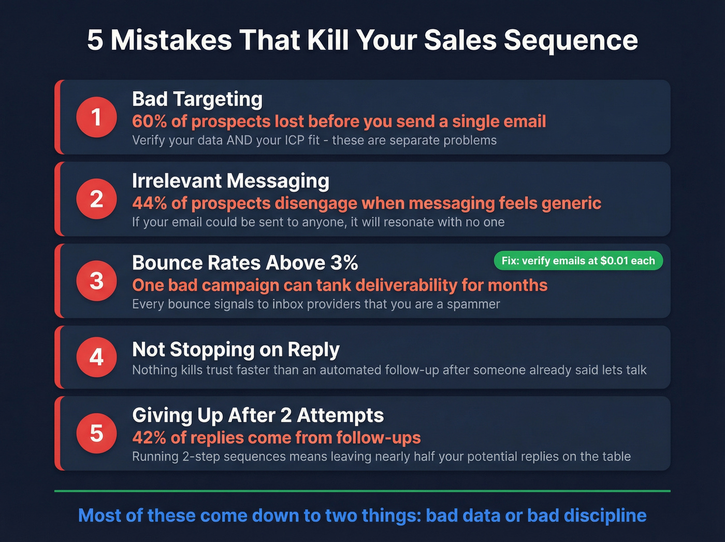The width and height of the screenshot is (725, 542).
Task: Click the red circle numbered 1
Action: [x=96, y=117]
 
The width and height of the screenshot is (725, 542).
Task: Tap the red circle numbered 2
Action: [x=96, y=199]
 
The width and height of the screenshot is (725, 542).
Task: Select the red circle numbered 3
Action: [x=96, y=281]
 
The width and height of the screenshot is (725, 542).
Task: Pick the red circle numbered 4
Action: [x=96, y=357]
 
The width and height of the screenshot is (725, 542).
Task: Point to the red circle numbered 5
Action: [x=96, y=434]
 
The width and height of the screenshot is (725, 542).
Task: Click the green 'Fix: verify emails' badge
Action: [x=578, y=261]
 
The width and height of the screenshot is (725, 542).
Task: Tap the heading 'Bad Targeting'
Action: [x=197, y=99]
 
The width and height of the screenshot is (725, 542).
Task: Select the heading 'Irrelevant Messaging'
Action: [x=230, y=181]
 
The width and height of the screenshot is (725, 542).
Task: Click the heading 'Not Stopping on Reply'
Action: [x=236, y=350]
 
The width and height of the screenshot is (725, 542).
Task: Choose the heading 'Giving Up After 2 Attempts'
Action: [x=258, y=415]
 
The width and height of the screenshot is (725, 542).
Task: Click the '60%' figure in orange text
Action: [x=149, y=121]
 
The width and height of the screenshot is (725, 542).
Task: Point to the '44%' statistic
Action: [x=149, y=203]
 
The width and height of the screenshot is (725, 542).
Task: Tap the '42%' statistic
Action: [x=149, y=438]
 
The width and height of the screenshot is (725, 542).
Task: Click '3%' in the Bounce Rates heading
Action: [x=344, y=263]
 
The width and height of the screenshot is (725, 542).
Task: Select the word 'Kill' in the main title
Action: [x=328, y=40]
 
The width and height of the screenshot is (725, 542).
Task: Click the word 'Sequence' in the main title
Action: [x=571, y=40]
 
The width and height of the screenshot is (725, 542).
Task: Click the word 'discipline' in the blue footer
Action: [x=605, y=516]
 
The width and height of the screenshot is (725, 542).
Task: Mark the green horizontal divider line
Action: [x=363, y=491]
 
